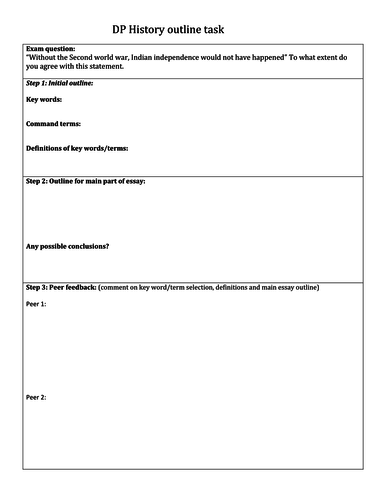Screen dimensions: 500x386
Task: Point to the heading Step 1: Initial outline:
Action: point(59,83)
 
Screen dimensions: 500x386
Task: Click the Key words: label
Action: point(45,103)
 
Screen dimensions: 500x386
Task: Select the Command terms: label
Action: point(54,125)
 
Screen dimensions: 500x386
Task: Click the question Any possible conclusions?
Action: point(67,246)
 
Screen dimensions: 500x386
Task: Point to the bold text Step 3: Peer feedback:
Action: point(60,288)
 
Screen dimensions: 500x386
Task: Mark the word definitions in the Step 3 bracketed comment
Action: point(242,288)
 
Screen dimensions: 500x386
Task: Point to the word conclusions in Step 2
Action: point(86,246)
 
